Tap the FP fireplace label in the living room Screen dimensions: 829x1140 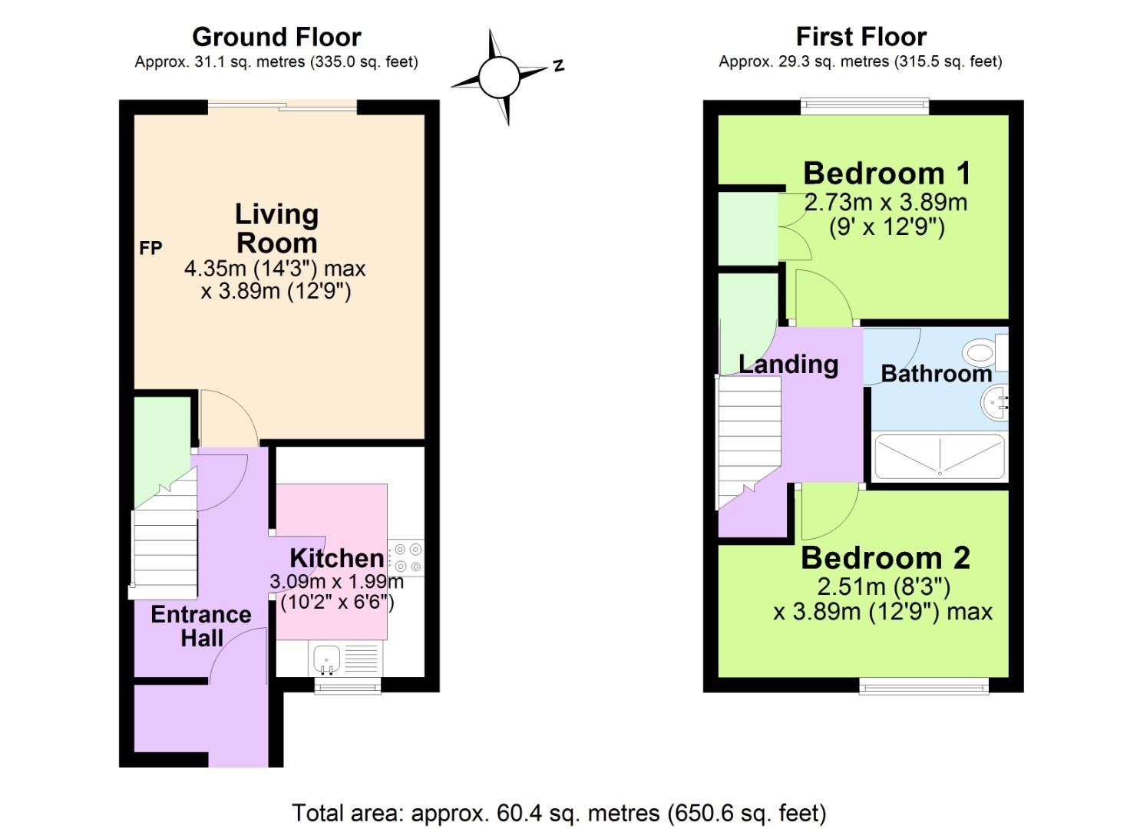(x=150, y=248)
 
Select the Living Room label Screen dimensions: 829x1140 (x=276, y=228)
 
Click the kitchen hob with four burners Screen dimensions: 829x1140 (x=406, y=558)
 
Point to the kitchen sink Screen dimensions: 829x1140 (x=327, y=659)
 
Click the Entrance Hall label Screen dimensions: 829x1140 (x=201, y=626)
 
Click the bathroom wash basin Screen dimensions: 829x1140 (x=995, y=401)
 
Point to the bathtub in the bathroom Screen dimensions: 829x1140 (x=939, y=457)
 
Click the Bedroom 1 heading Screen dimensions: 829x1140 (x=887, y=173)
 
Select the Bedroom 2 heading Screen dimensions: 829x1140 (x=885, y=558)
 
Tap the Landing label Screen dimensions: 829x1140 (x=788, y=364)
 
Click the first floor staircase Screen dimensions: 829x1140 (x=748, y=438)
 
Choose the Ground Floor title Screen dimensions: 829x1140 (x=276, y=37)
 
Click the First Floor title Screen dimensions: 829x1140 (x=861, y=37)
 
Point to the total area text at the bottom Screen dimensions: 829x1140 (x=559, y=813)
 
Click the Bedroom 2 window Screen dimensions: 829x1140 (x=924, y=686)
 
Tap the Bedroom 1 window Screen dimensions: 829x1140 (x=864, y=107)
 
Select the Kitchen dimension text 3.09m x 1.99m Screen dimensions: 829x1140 (x=336, y=582)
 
